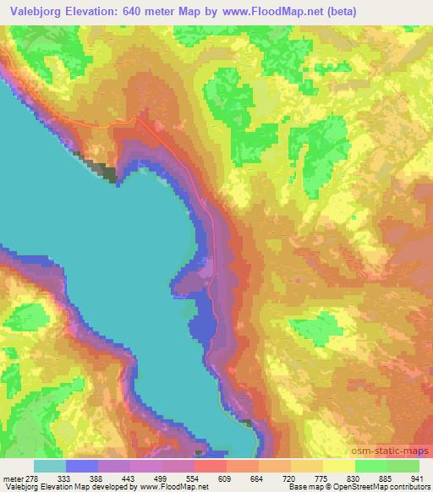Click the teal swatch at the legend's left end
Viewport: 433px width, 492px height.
coord(49,466)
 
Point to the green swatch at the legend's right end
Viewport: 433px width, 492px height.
coord(403,466)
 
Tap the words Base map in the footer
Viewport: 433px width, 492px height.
coord(310,487)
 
